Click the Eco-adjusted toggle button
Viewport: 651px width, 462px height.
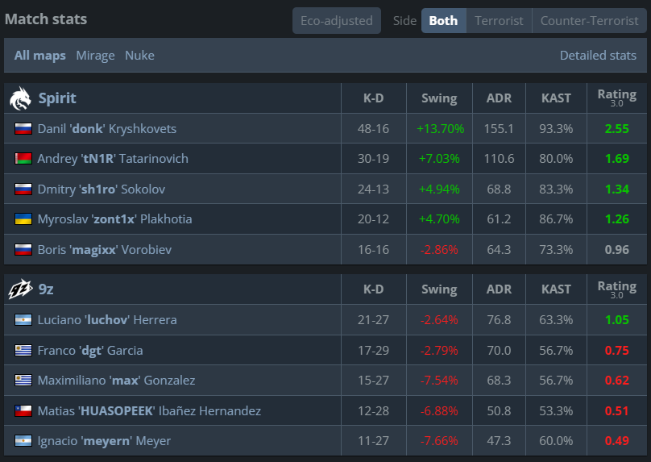point(337,20)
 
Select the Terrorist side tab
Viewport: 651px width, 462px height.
point(499,20)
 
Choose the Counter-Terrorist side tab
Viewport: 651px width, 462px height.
point(589,20)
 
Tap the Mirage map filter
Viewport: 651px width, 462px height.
point(95,56)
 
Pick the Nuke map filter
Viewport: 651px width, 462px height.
point(139,56)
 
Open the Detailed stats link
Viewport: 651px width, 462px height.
point(598,56)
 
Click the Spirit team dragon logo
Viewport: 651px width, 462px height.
point(20,98)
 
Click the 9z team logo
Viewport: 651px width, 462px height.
point(20,289)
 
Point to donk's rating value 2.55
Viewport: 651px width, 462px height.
point(616,129)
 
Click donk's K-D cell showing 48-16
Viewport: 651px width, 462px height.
point(373,129)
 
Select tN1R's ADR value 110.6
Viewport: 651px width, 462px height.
point(499,159)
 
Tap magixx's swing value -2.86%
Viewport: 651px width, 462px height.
point(439,250)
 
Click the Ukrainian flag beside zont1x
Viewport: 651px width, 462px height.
point(23,219)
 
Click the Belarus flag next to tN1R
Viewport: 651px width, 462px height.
point(23,159)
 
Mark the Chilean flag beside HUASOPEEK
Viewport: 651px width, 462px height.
point(23,411)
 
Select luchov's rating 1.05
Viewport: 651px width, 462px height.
point(616,320)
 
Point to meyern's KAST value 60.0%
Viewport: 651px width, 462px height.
point(556,441)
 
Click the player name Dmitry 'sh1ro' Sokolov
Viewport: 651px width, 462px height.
point(102,189)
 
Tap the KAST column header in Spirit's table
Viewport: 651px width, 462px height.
point(556,98)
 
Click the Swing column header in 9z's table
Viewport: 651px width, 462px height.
point(439,289)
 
